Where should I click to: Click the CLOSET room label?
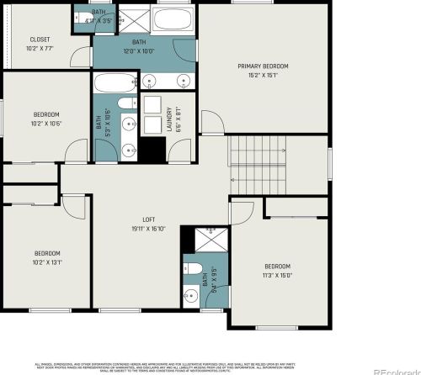click(x=40, y=39)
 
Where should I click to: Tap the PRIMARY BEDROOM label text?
click(x=263, y=66)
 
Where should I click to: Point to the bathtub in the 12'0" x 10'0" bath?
click(x=177, y=19)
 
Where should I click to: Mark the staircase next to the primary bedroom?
click(x=258, y=164)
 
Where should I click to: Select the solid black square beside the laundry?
click(x=152, y=151)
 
